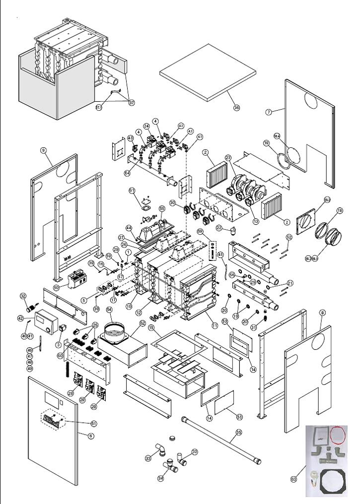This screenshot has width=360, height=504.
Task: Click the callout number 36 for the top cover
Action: coord(236,108)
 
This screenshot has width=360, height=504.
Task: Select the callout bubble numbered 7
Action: coord(269,112)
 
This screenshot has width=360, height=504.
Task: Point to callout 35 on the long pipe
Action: coord(238,433)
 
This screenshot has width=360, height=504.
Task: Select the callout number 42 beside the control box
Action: coord(20,318)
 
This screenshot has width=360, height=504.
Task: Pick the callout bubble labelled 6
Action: coord(90,436)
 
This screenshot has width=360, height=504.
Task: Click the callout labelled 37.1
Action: coord(98,107)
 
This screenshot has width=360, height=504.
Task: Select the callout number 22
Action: coord(219,227)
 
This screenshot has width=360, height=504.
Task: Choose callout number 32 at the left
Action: coord(23,296)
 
